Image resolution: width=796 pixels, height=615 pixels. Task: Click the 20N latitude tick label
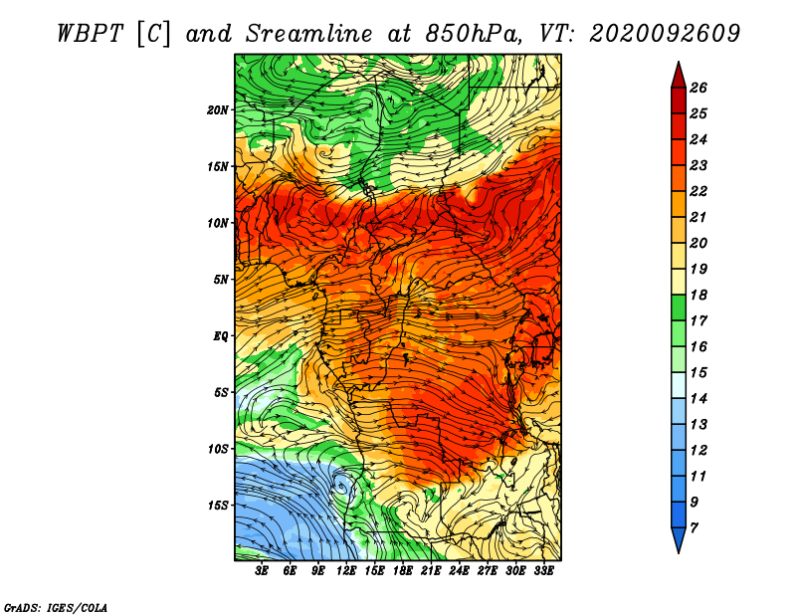[217, 110]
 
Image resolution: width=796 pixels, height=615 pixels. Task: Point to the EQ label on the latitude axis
[220, 336]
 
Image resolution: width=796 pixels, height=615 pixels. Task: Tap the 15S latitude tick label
[218, 506]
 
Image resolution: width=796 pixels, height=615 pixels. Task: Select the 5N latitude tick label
[221, 280]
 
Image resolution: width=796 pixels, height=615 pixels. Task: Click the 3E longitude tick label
[262, 571]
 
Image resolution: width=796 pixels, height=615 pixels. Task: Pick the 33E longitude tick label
[543, 571]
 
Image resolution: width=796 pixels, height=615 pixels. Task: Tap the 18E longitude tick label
[403, 571]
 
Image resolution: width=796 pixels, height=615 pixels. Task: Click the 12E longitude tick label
[346, 571]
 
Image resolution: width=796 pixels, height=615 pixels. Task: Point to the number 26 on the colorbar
[698, 88]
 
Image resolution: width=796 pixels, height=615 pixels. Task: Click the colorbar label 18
[698, 295]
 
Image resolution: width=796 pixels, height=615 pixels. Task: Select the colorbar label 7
[694, 528]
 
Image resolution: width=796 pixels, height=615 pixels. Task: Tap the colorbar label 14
[698, 399]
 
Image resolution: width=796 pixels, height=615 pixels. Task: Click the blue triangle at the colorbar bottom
[679, 538]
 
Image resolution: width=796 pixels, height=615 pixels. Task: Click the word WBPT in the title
[90, 34]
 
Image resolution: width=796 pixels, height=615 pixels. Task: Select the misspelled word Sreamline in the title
[309, 34]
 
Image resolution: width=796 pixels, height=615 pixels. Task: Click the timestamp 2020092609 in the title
[665, 34]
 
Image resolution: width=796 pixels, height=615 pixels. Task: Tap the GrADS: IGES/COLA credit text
[56, 608]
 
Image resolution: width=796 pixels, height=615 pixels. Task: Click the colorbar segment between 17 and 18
[679, 307]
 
